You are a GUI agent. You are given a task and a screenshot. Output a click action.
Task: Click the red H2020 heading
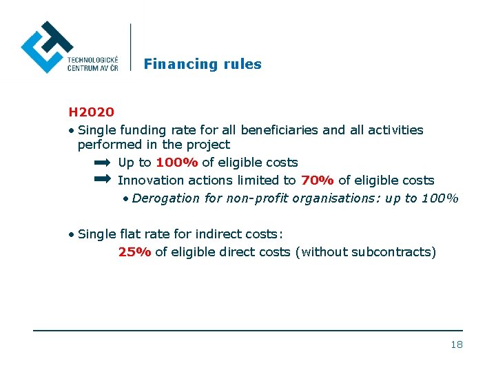point(91,111)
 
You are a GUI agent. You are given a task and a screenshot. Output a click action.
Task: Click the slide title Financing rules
point(203,64)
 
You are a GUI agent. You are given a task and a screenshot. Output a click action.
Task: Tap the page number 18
point(456,344)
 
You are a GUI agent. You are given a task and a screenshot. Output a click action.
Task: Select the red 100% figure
point(177,163)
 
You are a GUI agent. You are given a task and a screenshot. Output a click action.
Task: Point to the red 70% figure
point(318,180)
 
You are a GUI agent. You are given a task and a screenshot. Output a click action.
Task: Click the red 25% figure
point(134,252)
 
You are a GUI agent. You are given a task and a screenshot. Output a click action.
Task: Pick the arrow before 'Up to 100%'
point(101,163)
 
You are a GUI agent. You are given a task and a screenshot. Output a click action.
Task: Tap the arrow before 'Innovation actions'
point(101,179)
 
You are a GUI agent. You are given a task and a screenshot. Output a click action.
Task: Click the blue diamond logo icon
point(47,47)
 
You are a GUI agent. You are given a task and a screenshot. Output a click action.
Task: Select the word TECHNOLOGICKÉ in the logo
point(93,60)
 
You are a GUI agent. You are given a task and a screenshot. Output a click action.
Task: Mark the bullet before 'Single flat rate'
point(72,235)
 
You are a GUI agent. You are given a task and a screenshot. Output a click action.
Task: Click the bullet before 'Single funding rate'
point(72,130)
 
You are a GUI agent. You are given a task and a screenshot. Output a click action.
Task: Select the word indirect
point(204,234)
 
